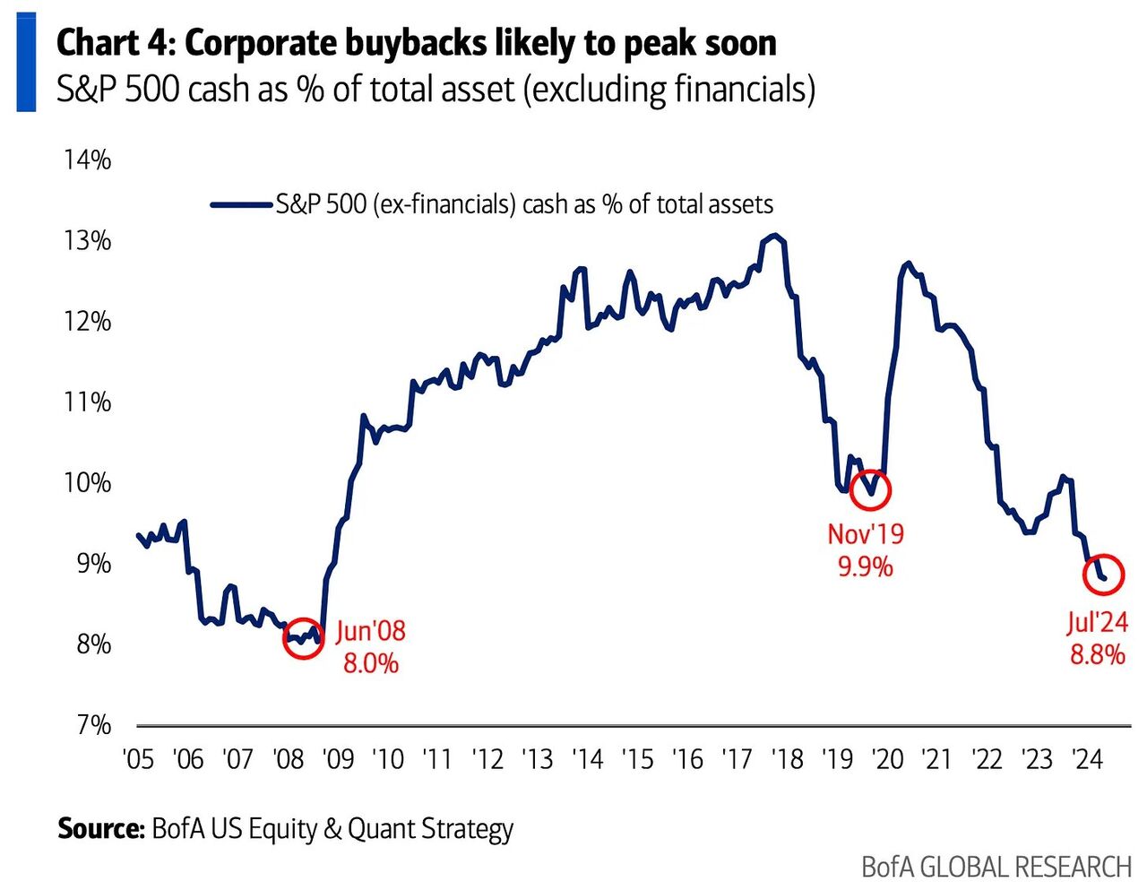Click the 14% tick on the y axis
(87, 160)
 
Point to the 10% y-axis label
(87, 483)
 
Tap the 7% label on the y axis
(93, 724)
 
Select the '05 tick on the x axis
(138, 759)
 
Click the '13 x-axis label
(537, 759)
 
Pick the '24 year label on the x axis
(1087, 759)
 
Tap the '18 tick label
(787, 759)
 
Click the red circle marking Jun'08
(303, 638)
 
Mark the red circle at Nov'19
(869, 489)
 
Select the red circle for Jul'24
(1104, 575)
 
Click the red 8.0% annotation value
(371, 664)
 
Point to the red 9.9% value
(866, 567)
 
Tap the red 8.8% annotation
(1098, 654)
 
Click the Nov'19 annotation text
(866, 534)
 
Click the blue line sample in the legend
(241, 204)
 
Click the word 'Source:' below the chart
(100, 828)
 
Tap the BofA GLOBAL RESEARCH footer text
(996, 867)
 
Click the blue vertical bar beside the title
(26, 62)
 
